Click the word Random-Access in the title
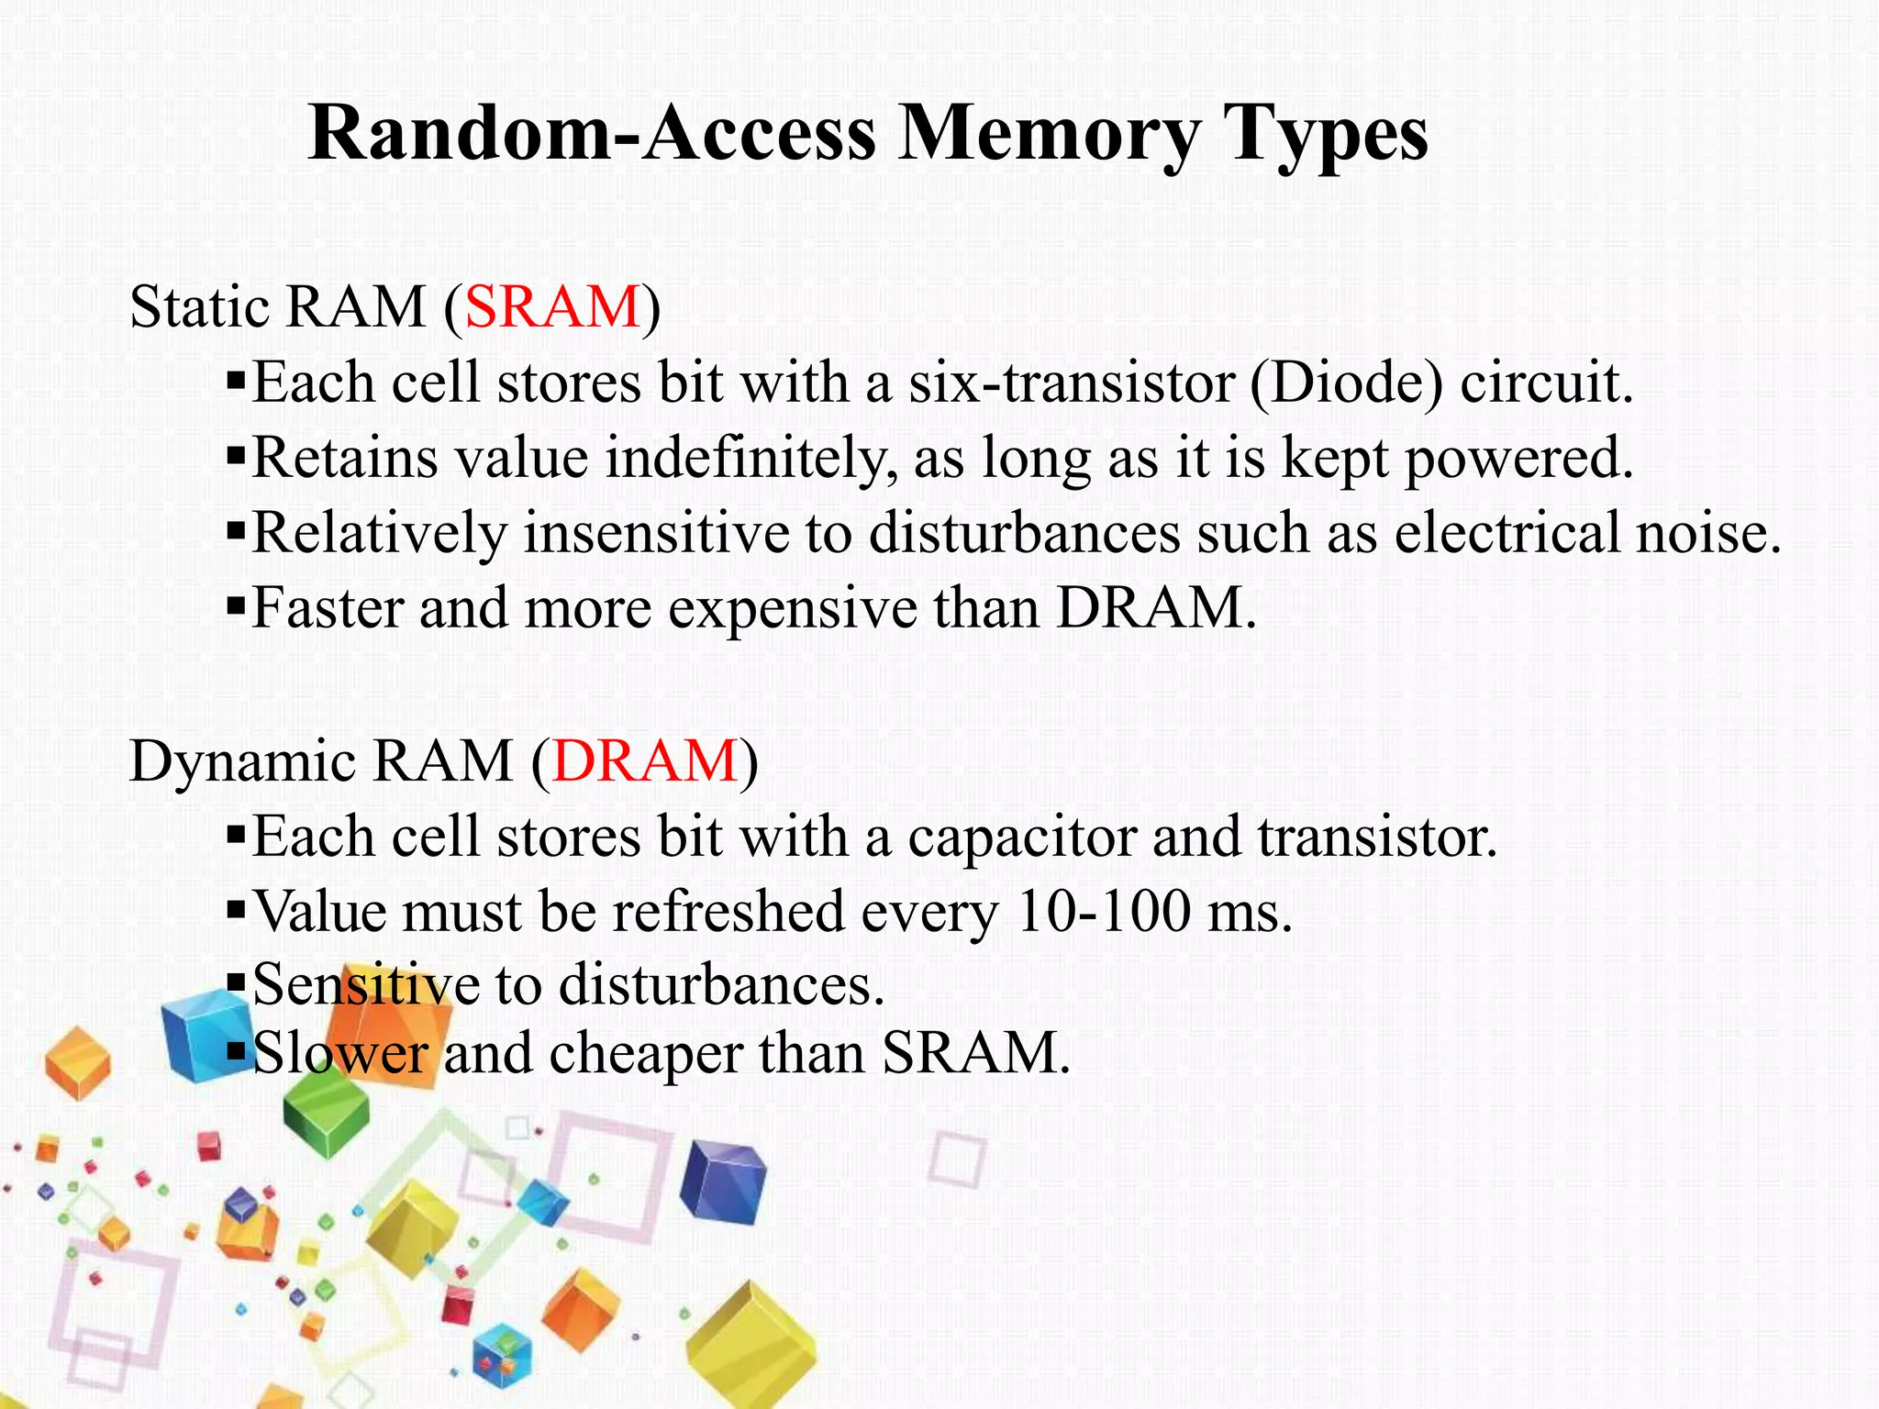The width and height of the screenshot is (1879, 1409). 592,134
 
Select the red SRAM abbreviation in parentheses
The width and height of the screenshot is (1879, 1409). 552,306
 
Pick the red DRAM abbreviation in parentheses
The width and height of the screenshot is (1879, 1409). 645,760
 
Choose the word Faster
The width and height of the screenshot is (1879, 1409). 328,607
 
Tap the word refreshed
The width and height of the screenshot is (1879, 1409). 728,912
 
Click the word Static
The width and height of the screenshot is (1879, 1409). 200,306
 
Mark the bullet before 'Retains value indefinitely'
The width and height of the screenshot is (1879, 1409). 236,453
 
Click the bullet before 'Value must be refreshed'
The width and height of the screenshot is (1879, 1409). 236,909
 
